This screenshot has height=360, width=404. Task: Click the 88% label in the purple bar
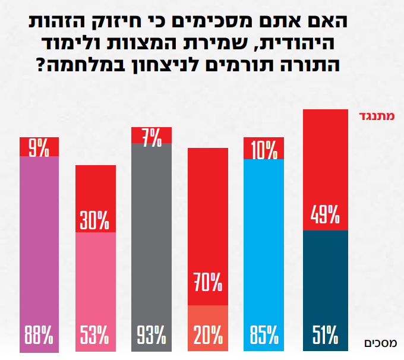39,334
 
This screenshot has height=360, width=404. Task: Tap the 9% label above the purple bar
39,148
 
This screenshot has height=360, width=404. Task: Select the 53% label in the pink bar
94,334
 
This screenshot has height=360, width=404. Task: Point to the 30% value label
94,220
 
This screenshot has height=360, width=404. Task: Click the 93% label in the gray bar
151,334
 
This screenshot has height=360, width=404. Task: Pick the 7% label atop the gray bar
152,138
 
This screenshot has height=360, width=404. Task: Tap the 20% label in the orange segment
208,334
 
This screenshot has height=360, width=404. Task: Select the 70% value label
208,282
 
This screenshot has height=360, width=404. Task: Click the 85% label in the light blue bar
264,334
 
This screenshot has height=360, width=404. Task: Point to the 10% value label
264,150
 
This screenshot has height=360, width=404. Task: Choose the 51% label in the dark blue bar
325,334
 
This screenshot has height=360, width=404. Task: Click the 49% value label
325,214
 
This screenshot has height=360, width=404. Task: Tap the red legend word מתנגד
377,116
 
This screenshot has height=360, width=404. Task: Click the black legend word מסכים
381,343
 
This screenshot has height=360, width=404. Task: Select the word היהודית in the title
296,43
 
